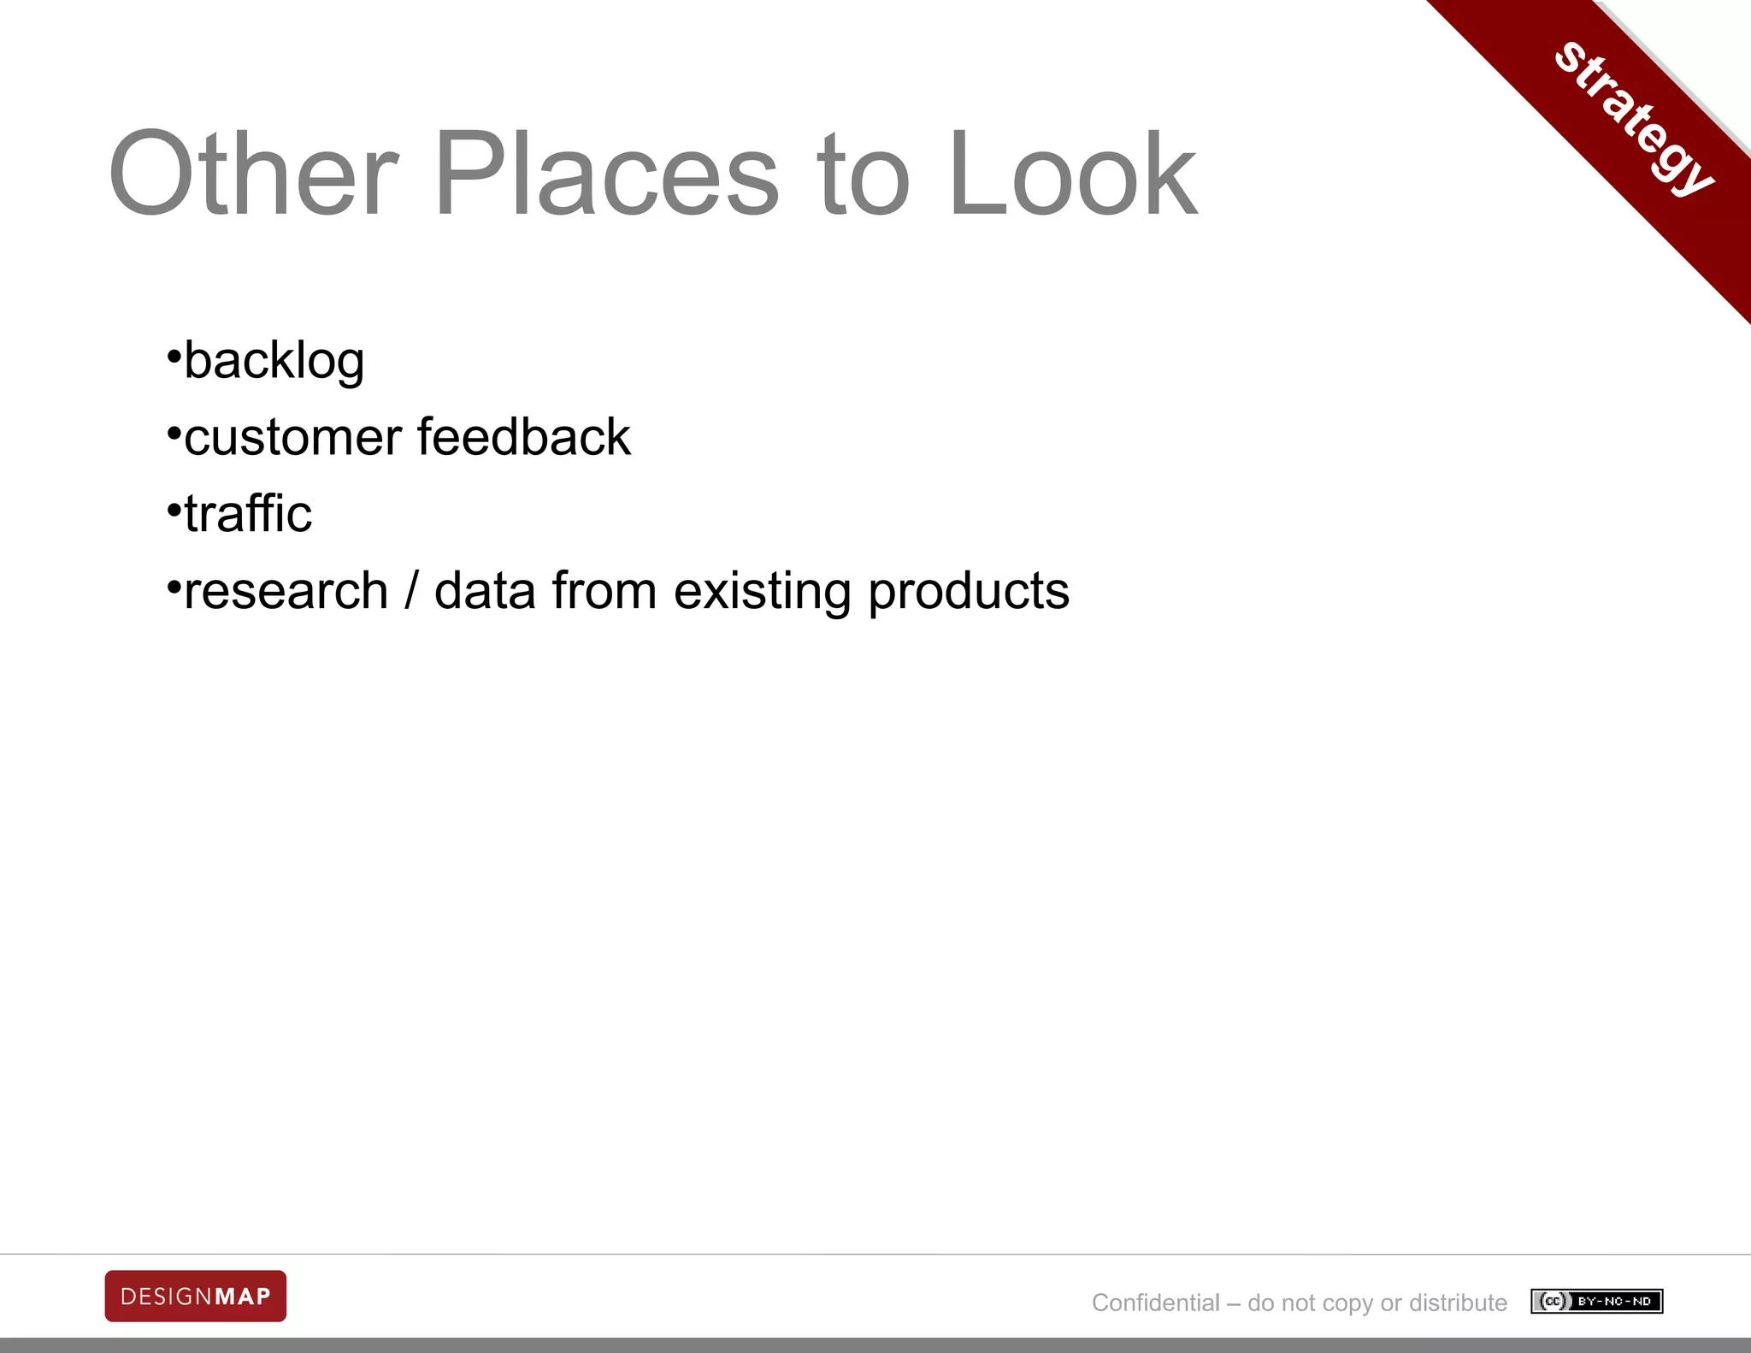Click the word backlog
click(274, 360)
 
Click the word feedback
click(523, 437)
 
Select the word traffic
click(248, 514)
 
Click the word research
click(286, 591)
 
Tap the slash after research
click(412, 591)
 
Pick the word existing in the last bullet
click(762, 593)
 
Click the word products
click(969, 593)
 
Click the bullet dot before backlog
click(174, 353)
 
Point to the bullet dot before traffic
click(174, 508)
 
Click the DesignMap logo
click(196, 1297)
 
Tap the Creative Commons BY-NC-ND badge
click(1596, 1302)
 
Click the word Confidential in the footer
click(1155, 1303)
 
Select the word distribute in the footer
click(1458, 1303)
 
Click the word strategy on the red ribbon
click(1633, 120)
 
